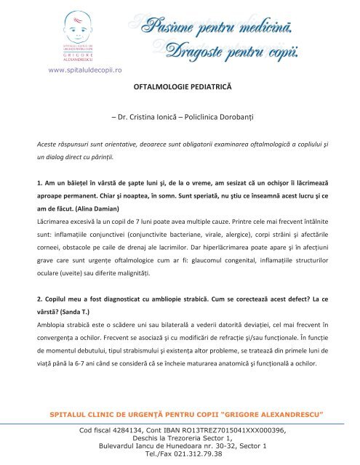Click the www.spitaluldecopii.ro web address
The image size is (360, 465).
(84, 70)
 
